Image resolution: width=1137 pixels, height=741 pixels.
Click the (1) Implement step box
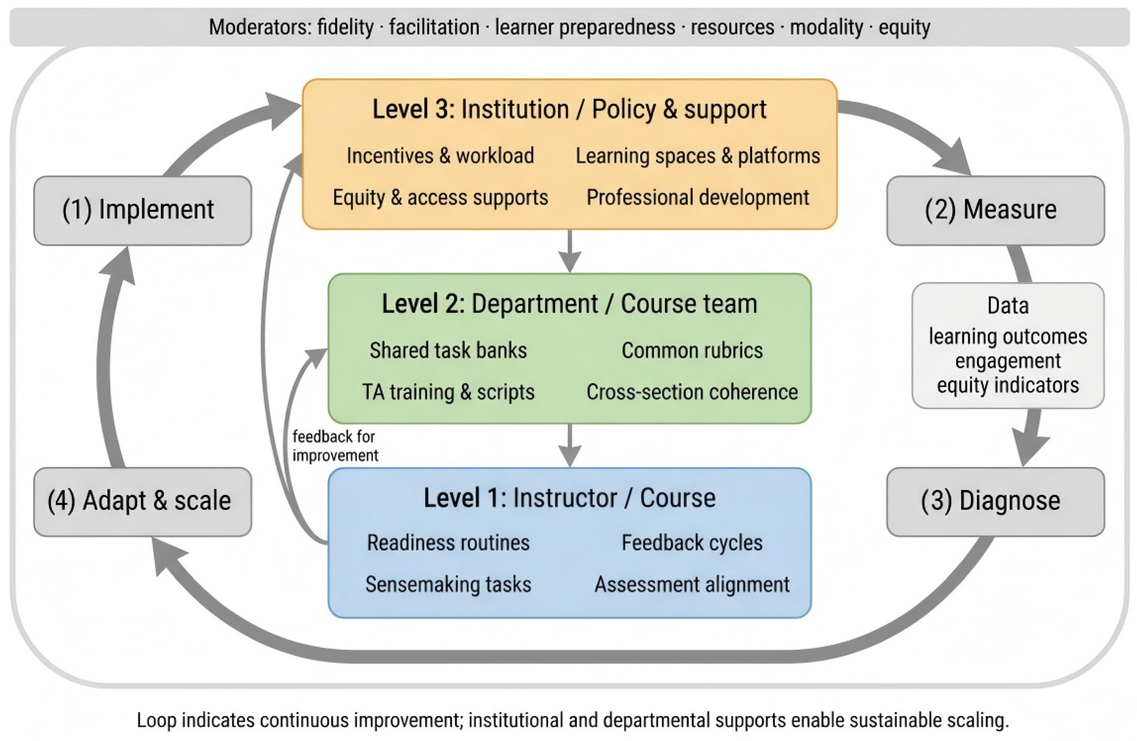(x=142, y=210)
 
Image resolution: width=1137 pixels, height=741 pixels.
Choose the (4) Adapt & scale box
(x=142, y=501)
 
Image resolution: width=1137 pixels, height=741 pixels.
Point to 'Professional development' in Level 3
(x=698, y=198)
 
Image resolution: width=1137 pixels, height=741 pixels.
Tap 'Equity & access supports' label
(x=440, y=198)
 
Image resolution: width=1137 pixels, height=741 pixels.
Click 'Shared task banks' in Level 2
(x=448, y=350)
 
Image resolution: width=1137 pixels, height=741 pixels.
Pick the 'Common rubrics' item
(x=692, y=350)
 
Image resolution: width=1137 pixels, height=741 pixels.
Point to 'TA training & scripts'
(x=448, y=392)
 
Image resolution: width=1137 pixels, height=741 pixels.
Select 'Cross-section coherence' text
(x=692, y=392)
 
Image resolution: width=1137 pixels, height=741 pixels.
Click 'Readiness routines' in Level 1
(x=448, y=543)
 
